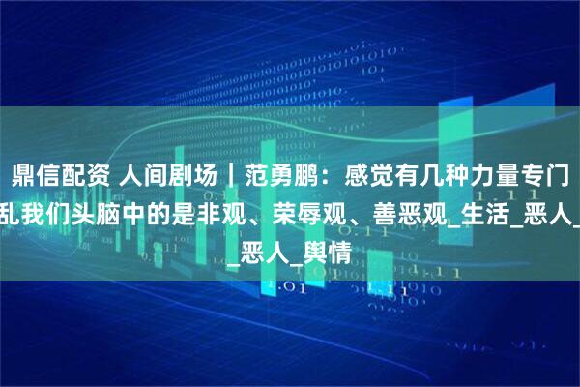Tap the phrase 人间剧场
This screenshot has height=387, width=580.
pyautogui.click(x=148, y=175)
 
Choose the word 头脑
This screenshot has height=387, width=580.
pyautogui.click(x=97, y=210)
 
